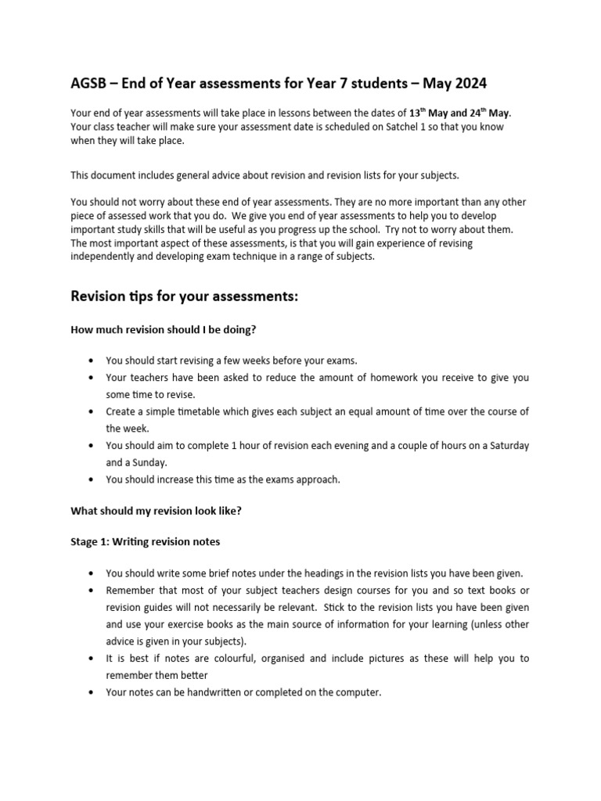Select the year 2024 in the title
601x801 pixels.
click(x=472, y=83)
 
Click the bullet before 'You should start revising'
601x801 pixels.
click(x=92, y=361)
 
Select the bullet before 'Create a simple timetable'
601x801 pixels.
click(x=92, y=412)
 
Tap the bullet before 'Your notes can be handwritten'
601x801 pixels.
click(x=92, y=693)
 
